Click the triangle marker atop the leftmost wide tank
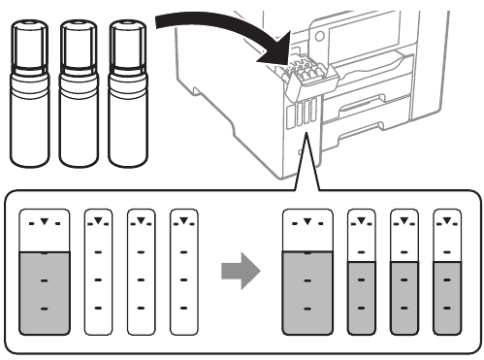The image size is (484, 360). click(45, 223)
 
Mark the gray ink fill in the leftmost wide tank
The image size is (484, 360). click(45, 291)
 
